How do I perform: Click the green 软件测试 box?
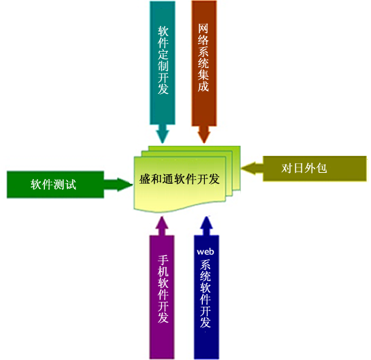[x=55, y=184]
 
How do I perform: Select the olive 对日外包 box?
[x=314, y=169]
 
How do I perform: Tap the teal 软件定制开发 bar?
[x=163, y=63]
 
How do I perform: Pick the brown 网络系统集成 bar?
[x=204, y=63]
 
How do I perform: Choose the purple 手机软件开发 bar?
[x=162, y=297]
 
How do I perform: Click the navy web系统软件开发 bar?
[x=206, y=297]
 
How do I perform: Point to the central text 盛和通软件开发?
[x=179, y=179]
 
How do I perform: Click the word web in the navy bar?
[x=206, y=252]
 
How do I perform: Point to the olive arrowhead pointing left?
[x=253, y=168]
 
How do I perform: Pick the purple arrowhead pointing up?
[x=162, y=226]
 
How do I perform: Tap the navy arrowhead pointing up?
[x=206, y=226]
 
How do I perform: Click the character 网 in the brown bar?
[x=204, y=29]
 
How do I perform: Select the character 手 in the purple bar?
[x=163, y=260]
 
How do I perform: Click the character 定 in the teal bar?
[x=163, y=54]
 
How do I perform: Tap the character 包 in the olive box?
[x=321, y=168]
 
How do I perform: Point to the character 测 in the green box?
[x=59, y=184]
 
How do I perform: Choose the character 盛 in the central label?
[x=145, y=179]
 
